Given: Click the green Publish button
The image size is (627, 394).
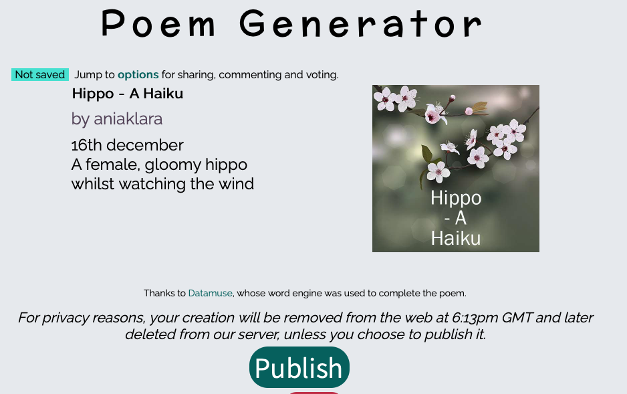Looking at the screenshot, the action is click(x=299, y=367).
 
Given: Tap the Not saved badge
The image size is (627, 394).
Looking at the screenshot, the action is click(x=40, y=74).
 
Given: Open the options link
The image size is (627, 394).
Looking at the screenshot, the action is click(x=138, y=75).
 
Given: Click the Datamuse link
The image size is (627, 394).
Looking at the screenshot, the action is click(x=211, y=293).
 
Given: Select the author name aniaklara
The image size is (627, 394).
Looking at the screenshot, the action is click(x=128, y=119).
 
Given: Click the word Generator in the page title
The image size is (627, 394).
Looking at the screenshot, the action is click(x=361, y=23).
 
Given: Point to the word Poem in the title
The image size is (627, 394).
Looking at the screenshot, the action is click(x=158, y=23).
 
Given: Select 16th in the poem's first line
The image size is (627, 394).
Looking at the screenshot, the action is click(x=86, y=144).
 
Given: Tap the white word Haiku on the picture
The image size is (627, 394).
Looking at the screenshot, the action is click(x=456, y=238).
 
